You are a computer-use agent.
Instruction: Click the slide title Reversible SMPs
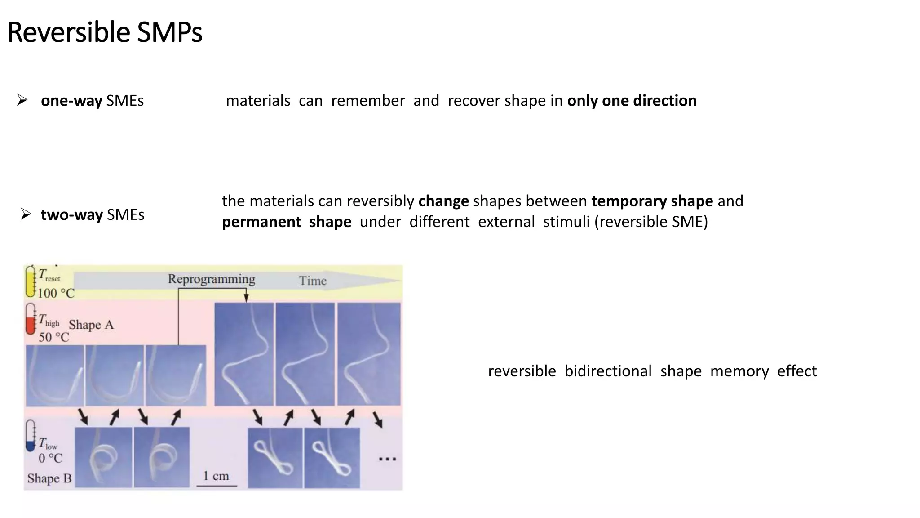[x=105, y=32]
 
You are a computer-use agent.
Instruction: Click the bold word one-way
[x=71, y=101]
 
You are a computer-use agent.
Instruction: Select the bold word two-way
[x=72, y=215]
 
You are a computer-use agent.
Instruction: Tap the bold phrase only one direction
[x=632, y=101]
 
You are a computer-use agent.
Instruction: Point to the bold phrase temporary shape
[x=652, y=201]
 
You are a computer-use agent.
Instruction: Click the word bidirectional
[x=608, y=371]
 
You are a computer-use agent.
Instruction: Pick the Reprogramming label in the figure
[x=211, y=279]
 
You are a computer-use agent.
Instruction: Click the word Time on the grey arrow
[x=313, y=281]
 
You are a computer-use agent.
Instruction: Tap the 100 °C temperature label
[x=56, y=294]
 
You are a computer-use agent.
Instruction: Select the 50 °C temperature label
[x=53, y=337]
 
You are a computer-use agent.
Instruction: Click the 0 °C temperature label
[x=50, y=459]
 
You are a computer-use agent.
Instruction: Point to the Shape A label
[x=91, y=325]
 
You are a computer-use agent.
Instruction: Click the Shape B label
[x=49, y=478]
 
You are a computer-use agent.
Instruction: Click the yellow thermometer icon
[x=31, y=281]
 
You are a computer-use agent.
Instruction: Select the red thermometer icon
[x=31, y=319]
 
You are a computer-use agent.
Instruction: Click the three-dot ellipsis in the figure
[x=387, y=459]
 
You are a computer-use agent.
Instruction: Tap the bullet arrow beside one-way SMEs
[x=22, y=100]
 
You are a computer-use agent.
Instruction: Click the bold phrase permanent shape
[x=286, y=222]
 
